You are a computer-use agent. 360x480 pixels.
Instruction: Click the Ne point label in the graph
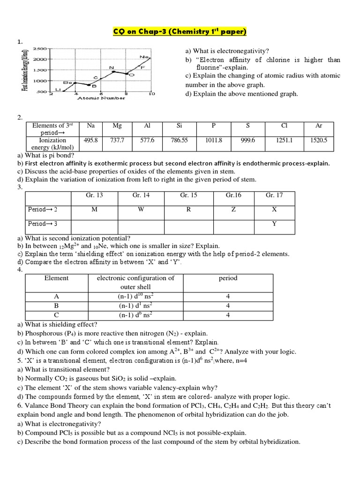143,57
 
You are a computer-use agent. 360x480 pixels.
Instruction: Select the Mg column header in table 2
117,126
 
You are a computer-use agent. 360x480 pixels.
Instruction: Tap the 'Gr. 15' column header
188,195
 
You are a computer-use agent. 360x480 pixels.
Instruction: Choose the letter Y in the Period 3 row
274,224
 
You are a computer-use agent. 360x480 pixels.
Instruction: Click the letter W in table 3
141,209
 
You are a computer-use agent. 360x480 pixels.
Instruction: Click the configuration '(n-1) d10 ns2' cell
135,297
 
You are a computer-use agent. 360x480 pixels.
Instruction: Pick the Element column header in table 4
56,278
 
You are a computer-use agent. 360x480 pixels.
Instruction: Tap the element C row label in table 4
56,315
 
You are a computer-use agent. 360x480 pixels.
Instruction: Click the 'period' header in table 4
228,278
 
